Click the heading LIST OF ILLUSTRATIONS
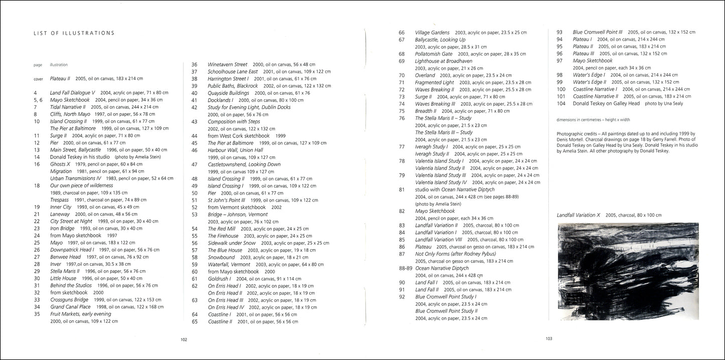click(x=74, y=34)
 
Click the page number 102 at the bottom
click(x=184, y=339)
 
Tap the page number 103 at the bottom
click(x=549, y=338)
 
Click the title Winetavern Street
click(x=227, y=65)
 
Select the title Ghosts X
click(x=60, y=164)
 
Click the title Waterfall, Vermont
click(x=229, y=264)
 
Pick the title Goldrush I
click(x=219, y=279)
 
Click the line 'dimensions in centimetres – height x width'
click(x=593, y=120)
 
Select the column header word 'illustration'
click(x=59, y=65)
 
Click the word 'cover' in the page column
click(x=38, y=79)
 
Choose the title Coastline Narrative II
click(x=596, y=96)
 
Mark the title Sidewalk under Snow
click(x=232, y=243)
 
